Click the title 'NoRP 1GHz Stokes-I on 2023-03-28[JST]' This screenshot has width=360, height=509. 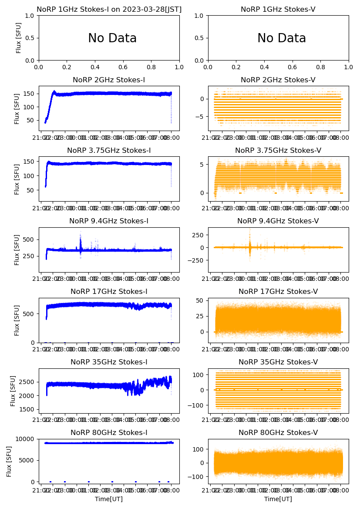(109, 9)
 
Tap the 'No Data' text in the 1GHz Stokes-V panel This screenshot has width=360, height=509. (282, 38)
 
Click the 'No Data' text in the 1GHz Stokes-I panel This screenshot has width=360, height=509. (112, 38)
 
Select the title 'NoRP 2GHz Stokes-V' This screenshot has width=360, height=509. (278, 80)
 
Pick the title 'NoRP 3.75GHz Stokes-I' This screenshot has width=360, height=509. (109, 150)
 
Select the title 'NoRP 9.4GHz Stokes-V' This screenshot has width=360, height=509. (278, 221)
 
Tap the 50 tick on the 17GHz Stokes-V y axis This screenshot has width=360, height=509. (201, 300)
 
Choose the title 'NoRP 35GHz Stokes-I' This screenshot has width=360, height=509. (109, 362)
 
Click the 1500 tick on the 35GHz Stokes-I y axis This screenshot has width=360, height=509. (28, 409)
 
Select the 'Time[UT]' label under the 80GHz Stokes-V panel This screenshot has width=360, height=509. (278, 499)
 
